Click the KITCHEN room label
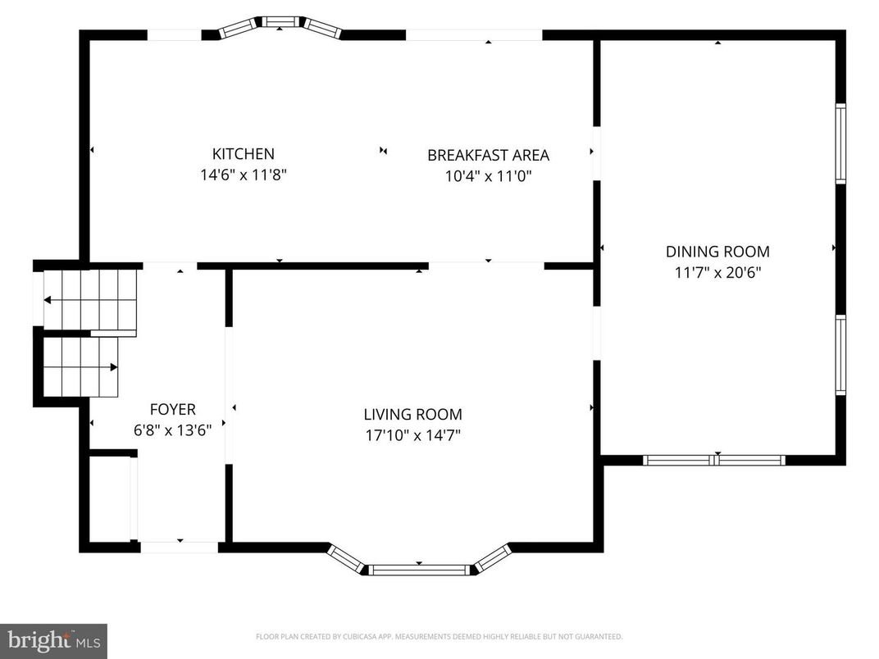[x=243, y=154]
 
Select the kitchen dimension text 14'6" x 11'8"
[x=243, y=175]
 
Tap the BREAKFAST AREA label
[x=488, y=155]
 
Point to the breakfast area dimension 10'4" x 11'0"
[x=488, y=175]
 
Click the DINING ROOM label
[x=717, y=252]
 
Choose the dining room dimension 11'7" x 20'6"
[x=717, y=272]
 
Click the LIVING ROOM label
[x=412, y=415]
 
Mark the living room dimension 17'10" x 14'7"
[x=412, y=435]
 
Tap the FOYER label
[x=172, y=409]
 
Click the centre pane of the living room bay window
[x=419, y=569]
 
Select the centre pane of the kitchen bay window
[x=280, y=21]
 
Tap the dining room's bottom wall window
[x=714, y=460]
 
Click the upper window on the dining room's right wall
[x=840, y=143]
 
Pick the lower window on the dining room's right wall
[x=840, y=355]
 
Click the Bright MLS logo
[x=53, y=640]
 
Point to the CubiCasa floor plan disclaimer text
[x=439, y=636]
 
